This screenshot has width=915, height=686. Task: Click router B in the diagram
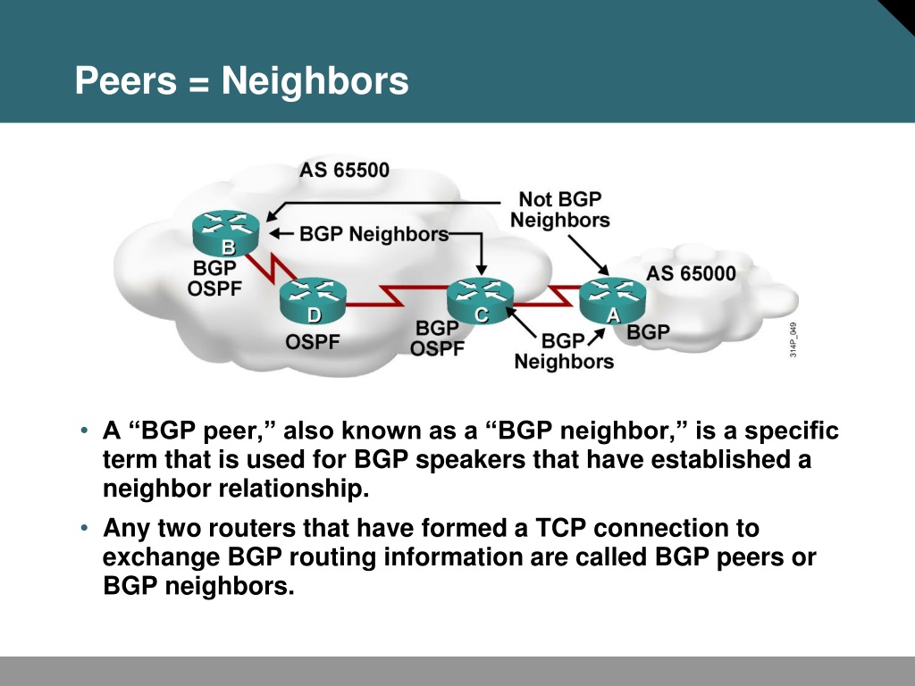click(x=226, y=233)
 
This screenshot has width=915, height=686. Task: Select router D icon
click(x=314, y=301)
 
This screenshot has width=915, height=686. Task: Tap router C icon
click(x=480, y=301)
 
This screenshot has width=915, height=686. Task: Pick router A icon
click(x=613, y=301)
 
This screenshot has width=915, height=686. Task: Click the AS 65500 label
click(x=344, y=171)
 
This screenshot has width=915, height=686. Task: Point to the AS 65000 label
click(x=691, y=273)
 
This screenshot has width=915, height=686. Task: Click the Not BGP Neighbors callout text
click(x=560, y=209)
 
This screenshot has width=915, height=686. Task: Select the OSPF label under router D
click(x=313, y=342)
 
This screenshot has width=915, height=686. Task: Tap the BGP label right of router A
click(x=649, y=332)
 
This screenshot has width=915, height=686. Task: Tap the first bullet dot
click(x=84, y=431)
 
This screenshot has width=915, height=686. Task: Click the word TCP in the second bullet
click(x=561, y=528)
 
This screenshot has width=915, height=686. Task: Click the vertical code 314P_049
click(x=793, y=339)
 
